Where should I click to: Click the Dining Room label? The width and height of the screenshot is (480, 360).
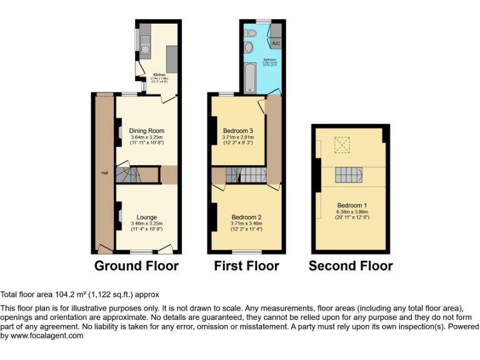[x=147, y=131]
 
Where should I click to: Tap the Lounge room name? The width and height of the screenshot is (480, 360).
[x=147, y=217]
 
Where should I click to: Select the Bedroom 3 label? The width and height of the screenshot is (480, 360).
[x=238, y=131]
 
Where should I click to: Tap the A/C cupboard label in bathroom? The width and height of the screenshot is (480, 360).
[x=276, y=44]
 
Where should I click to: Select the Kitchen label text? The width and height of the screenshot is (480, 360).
[x=159, y=75]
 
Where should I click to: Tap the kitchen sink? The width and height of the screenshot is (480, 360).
[x=144, y=47]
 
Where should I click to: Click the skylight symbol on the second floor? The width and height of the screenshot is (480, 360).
[x=342, y=146]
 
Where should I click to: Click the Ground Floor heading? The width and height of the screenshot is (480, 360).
[x=136, y=266]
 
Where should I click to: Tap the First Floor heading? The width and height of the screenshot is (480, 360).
[x=246, y=266]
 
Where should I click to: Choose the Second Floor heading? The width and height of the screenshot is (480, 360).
[x=351, y=266]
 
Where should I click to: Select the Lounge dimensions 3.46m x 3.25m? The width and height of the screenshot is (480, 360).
[x=147, y=223]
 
